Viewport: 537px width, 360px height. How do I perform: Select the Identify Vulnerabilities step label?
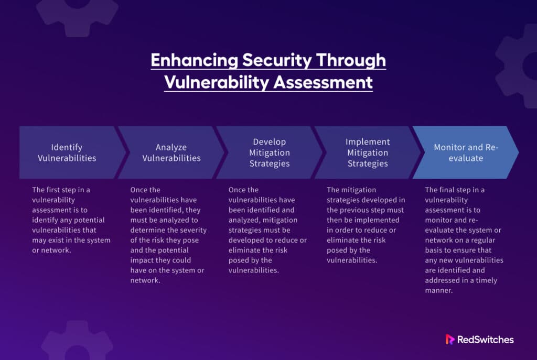click(67, 152)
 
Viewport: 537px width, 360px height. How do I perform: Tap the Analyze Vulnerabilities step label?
click(171, 152)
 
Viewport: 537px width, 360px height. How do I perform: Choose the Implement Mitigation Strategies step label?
click(368, 152)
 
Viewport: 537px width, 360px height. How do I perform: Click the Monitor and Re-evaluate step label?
click(466, 152)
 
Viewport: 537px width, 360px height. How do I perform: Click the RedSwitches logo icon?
click(450, 340)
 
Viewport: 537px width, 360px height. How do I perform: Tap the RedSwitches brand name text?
click(486, 340)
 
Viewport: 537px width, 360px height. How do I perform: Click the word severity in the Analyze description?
click(195, 230)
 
